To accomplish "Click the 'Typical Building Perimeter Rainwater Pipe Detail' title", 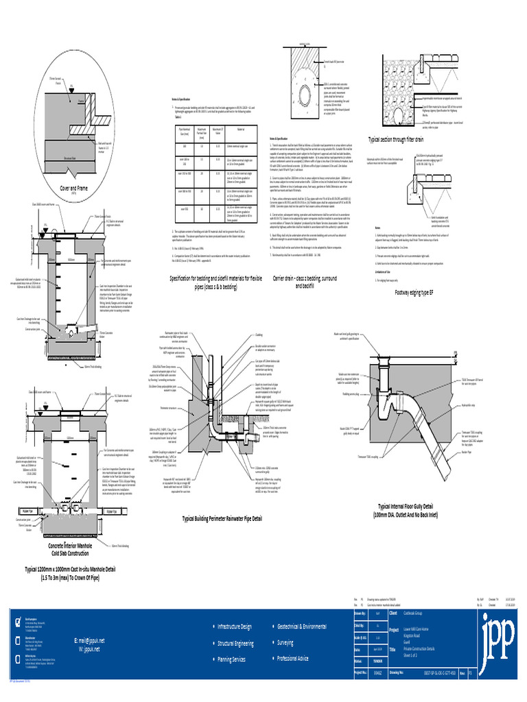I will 222,519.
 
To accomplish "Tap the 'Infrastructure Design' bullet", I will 234,627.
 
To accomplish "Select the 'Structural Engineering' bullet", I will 235,644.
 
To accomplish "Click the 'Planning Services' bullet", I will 231,659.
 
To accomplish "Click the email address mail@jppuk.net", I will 91,640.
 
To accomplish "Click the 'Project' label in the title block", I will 393,629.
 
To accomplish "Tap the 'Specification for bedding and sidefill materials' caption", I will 217,281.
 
